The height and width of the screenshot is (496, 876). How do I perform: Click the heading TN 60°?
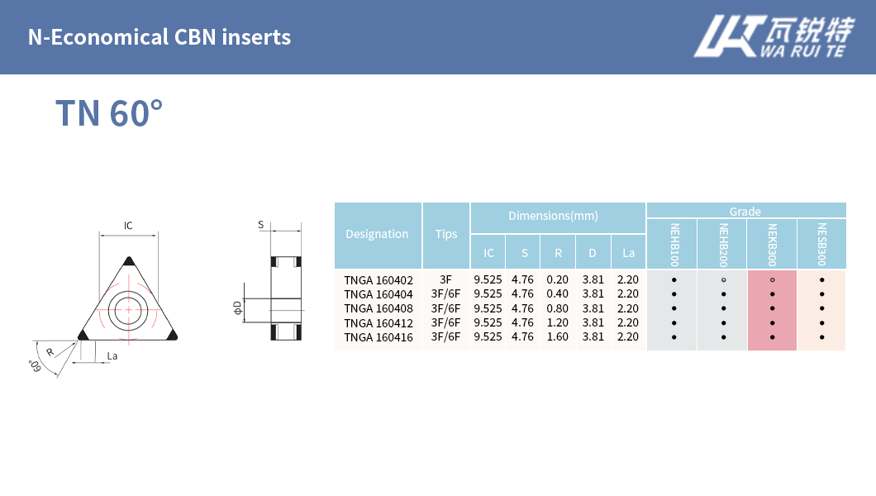pos(108,113)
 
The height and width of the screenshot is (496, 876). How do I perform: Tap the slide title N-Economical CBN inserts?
pos(159,37)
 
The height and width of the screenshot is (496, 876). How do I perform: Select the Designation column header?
pos(377,234)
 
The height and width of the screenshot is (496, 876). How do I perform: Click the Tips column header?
pos(446,234)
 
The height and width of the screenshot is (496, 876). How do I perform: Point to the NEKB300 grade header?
pos(772,244)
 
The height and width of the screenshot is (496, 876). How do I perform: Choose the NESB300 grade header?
pos(821,244)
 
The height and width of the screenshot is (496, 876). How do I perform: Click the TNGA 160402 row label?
pos(378,279)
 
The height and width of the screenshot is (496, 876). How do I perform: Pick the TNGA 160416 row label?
pos(378,336)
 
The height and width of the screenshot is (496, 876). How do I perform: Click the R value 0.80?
pos(558,308)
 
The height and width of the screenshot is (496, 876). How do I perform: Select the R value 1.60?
pos(558,336)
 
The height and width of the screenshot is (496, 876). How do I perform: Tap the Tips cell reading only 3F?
pos(446,279)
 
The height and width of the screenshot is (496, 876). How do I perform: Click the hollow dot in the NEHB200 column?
pos(723,279)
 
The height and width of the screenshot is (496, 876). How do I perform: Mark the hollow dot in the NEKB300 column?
pos(772,279)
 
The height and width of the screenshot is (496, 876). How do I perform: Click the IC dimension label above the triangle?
pos(128,226)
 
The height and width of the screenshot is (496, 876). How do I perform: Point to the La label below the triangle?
pos(112,355)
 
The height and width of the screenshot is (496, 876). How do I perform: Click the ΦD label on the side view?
pos(237,308)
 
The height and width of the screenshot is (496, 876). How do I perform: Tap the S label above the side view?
pos(260,225)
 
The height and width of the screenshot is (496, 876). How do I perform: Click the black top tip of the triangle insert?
pos(128,261)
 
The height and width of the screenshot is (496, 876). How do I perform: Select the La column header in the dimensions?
pos(628,253)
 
